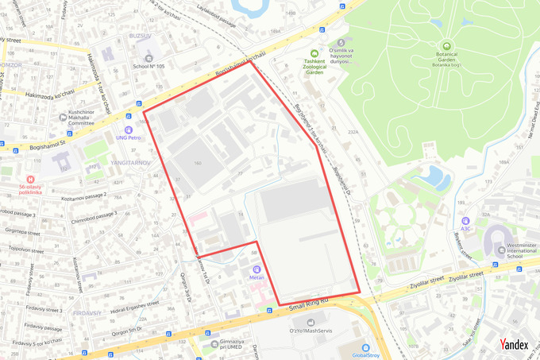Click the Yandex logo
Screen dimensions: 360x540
coord(514,345)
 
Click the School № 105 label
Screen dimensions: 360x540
coord(148,66)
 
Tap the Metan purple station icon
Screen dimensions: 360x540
coord(257,269)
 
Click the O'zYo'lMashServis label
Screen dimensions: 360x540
coord(310,332)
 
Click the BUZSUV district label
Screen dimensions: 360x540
coord(140,37)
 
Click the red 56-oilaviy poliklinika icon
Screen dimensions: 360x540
coord(30,180)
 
